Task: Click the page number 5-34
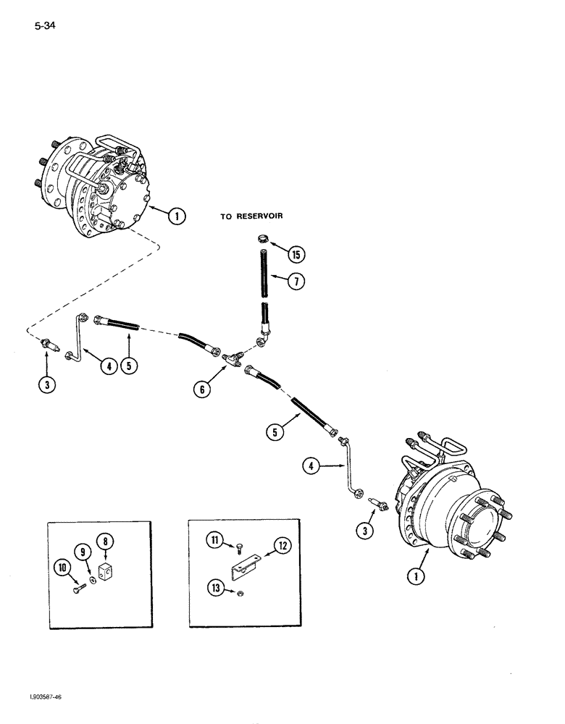click(x=44, y=28)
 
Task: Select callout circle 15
click(x=294, y=254)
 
